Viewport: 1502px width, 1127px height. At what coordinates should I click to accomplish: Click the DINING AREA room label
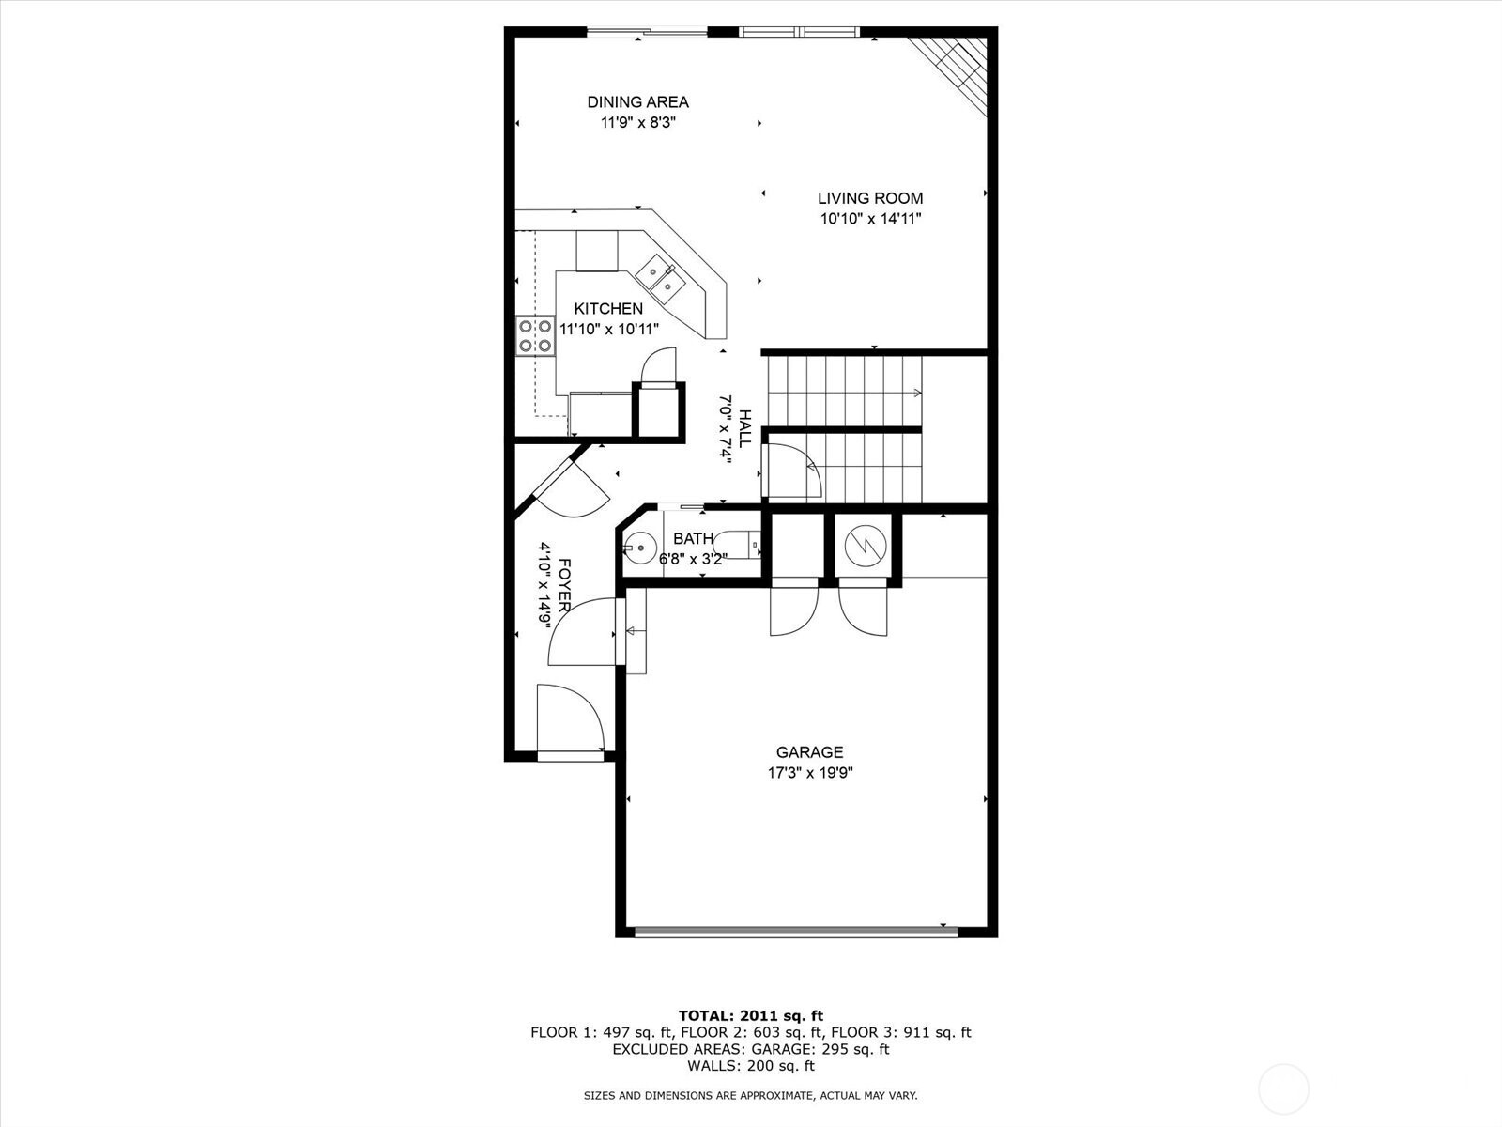(637, 102)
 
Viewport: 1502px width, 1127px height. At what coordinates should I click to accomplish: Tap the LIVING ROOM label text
(870, 198)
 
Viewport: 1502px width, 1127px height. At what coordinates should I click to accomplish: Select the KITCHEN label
(608, 309)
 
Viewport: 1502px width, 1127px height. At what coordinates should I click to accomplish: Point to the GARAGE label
(809, 752)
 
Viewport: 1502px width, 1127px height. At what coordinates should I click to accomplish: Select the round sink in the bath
(639, 548)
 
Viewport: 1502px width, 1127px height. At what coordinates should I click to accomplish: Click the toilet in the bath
(739, 545)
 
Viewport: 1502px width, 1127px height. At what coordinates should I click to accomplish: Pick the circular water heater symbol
(866, 546)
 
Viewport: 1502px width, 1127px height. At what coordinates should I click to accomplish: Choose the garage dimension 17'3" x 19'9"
(809, 773)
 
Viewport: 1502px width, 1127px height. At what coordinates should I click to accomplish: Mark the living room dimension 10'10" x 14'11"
(870, 219)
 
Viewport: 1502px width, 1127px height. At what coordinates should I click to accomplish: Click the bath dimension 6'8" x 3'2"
(693, 559)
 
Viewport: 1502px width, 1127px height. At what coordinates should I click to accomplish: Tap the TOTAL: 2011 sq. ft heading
(751, 1015)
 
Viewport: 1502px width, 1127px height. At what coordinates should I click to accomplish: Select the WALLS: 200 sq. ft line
(751, 1065)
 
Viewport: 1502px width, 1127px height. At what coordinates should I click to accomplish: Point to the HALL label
(745, 428)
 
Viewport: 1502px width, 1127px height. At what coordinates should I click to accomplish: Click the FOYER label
(565, 585)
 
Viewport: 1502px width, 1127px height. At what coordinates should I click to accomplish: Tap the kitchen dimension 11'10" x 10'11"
(609, 329)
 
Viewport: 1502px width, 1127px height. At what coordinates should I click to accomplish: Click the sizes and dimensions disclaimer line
(751, 1095)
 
